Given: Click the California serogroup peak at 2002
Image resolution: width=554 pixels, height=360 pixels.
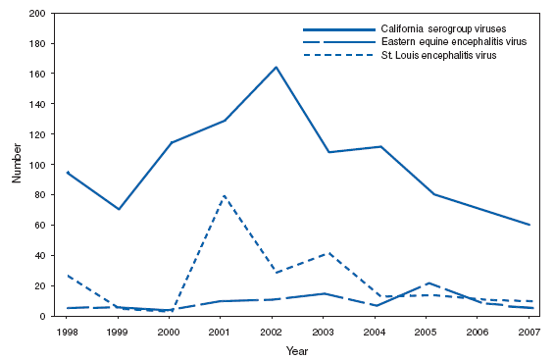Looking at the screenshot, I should (277, 67).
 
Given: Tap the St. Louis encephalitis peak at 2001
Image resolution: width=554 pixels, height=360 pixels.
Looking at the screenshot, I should (225, 195).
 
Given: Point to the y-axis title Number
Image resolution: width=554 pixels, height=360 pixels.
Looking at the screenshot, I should (17, 165).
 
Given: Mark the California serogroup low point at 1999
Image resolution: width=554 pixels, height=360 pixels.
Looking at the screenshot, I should (119, 209).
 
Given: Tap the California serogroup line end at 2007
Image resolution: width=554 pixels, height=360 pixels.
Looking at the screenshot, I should (529, 225).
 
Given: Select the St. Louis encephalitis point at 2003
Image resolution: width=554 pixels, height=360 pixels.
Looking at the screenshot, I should (328, 253).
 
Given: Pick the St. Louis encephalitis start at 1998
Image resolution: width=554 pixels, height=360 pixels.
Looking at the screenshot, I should (68, 276).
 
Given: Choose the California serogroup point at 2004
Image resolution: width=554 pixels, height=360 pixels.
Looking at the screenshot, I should (380, 146).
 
